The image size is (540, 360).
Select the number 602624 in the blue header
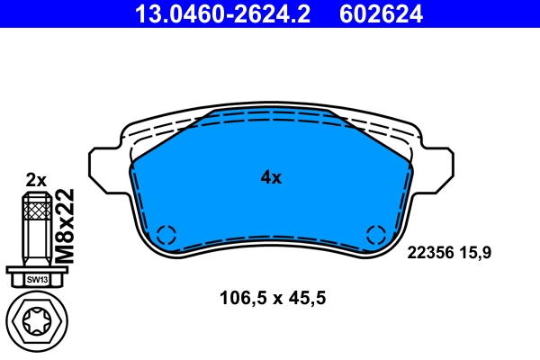click(x=380, y=13)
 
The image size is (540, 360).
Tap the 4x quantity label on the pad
click(x=271, y=178)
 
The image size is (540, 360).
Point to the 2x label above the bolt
click(x=36, y=179)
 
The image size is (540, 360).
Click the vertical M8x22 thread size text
click(x=65, y=226)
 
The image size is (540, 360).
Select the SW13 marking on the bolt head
click(x=36, y=280)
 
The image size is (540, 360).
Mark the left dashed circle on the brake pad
click(x=166, y=236)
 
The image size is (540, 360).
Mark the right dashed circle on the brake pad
click(x=375, y=236)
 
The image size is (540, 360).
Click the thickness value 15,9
click(x=477, y=253)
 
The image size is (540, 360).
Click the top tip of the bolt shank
click(x=36, y=195)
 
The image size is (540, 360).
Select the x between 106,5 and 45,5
click(x=274, y=299)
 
